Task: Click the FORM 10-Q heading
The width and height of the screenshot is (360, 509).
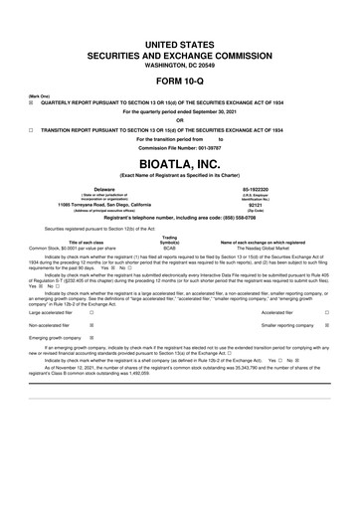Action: point(179,80)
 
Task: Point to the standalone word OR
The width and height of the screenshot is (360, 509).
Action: point(179,121)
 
